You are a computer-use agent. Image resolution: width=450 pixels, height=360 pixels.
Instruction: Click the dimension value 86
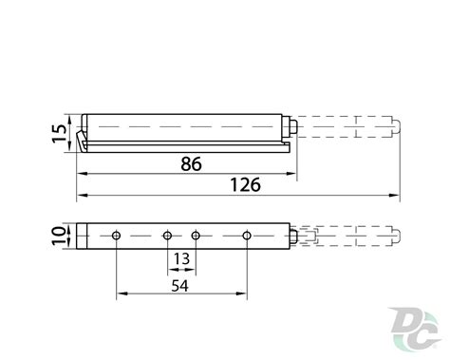[x=191, y=164]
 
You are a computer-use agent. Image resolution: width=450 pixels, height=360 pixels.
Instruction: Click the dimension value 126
[x=246, y=185]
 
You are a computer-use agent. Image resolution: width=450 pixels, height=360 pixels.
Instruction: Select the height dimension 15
[x=59, y=133]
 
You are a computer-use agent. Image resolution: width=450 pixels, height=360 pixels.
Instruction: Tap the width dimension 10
[x=59, y=236]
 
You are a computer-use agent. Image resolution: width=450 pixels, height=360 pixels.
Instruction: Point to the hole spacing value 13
[x=181, y=259]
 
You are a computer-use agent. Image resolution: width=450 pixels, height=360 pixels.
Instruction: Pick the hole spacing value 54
[x=179, y=286]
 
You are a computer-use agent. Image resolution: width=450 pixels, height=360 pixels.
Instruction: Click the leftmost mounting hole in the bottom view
[x=117, y=236]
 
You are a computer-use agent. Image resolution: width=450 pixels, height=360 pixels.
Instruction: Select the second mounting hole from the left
[x=167, y=236]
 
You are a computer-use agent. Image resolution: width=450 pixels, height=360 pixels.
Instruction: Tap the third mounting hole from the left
[x=196, y=236]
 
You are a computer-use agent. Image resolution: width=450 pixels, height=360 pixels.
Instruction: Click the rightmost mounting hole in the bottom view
[x=247, y=236]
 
